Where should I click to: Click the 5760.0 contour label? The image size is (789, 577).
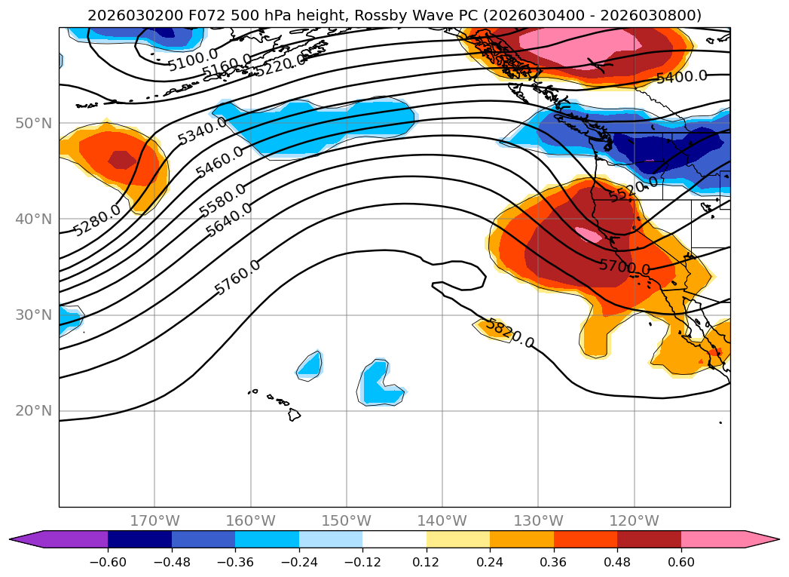tap(237, 277)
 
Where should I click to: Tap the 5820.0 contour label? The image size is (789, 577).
tap(509, 333)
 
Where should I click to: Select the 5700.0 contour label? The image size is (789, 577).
tap(625, 265)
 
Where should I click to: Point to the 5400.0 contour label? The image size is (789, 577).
tap(681, 76)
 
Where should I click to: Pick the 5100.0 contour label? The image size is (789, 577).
tap(193, 59)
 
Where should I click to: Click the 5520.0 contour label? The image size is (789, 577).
tap(633, 189)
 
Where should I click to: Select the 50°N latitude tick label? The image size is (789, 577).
tap(33, 123)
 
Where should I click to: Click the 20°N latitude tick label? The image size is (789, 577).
tap(33, 411)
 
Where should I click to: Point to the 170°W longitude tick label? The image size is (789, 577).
tap(154, 520)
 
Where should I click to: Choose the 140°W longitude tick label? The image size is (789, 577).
tap(442, 520)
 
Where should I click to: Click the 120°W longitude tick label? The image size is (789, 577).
tap(634, 520)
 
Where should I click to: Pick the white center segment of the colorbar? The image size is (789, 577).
tap(394, 539)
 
